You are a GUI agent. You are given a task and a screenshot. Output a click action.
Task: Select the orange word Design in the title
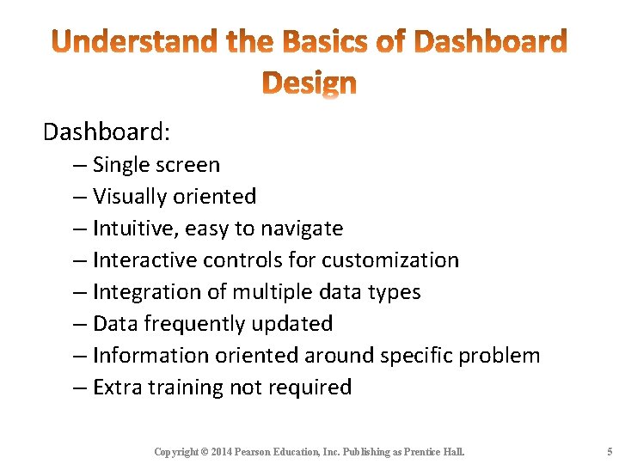(309, 83)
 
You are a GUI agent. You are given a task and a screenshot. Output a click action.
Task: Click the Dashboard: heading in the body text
(107, 131)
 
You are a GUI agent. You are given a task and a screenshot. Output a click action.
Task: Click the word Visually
(130, 197)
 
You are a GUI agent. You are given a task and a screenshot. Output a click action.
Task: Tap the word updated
(295, 324)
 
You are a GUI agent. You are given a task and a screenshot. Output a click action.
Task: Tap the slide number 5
(609, 452)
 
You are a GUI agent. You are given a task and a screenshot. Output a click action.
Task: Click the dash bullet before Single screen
(79, 165)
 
